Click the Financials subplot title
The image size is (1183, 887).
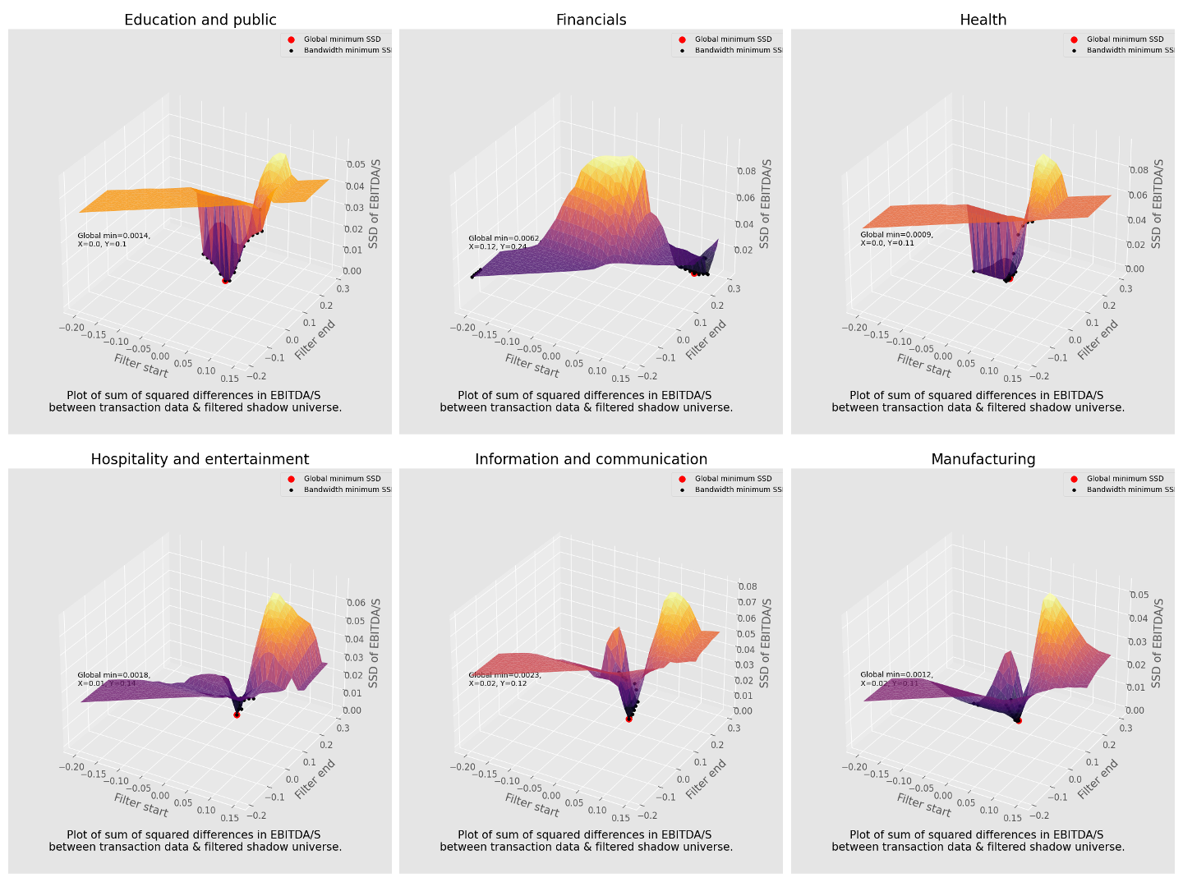click(591, 20)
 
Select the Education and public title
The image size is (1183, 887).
click(200, 20)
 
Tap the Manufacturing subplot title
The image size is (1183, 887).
click(983, 459)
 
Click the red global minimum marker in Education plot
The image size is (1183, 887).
click(225, 281)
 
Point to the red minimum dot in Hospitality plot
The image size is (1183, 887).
click(237, 715)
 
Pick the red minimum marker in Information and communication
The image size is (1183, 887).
click(628, 719)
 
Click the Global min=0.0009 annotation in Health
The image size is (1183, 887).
click(896, 238)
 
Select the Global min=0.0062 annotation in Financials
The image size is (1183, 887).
click(504, 242)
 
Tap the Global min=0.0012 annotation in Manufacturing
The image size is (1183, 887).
click(896, 678)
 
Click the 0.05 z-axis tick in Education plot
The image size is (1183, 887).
click(355, 164)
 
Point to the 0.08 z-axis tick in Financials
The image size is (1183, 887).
click(746, 171)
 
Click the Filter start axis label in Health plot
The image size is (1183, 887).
click(923, 365)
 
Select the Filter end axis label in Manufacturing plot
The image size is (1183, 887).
click(1098, 779)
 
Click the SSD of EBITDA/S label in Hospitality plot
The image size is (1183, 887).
click(375, 643)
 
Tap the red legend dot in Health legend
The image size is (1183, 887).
click(1073, 39)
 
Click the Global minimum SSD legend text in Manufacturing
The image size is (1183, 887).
click(1125, 479)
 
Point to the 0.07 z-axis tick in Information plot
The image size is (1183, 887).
click(747, 603)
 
